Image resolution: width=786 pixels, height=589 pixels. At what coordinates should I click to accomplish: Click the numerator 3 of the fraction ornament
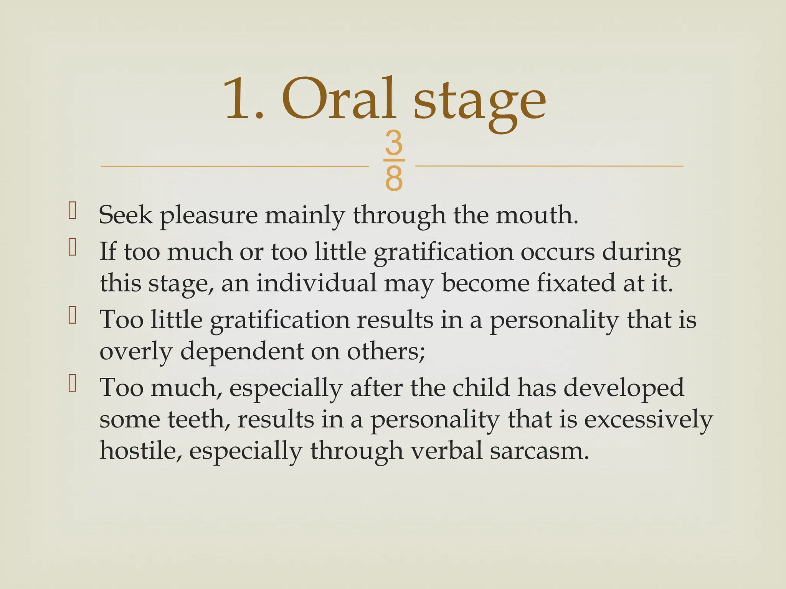394,143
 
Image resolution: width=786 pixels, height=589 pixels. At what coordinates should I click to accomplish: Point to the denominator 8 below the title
394,178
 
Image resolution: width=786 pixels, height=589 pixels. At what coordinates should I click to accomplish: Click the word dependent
242,351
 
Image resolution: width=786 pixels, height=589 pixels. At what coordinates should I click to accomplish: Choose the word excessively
648,420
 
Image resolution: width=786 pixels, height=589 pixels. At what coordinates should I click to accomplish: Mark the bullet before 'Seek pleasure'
72,211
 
